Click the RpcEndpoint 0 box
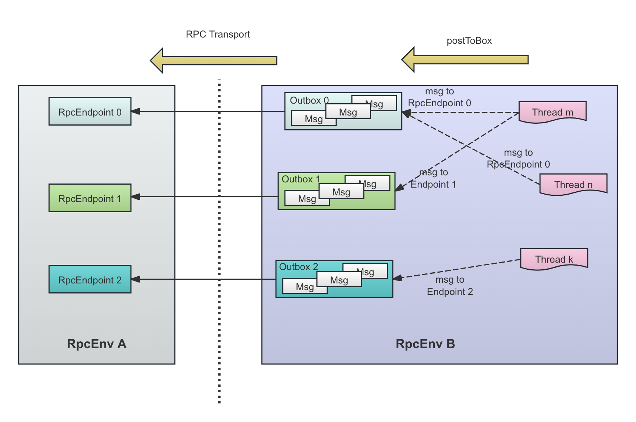(x=90, y=111)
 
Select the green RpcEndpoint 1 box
(x=90, y=198)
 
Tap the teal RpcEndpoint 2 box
(x=90, y=279)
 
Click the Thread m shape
(x=552, y=112)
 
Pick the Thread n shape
(x=573, y=184)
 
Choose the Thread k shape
(x=554, y=259)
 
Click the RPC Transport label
(x=218, y=34)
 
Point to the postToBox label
(x=469, y=41)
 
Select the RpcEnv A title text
(x=97, y=344)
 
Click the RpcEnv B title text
(x=425, y=344)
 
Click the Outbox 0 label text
(x=309, y=100)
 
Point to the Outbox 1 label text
(x=301, y=179)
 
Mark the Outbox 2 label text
(x=298, y=267)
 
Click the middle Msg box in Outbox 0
(x=348, y=112)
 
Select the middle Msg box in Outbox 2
(x=339, y=280)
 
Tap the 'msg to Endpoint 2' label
(x=450, y=285)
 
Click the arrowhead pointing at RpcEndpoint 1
(x=135, y=197)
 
